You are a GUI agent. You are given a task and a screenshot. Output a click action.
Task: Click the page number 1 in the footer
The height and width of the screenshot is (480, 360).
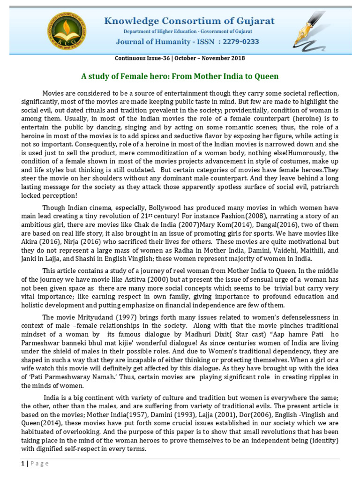(x=22, y=464)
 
